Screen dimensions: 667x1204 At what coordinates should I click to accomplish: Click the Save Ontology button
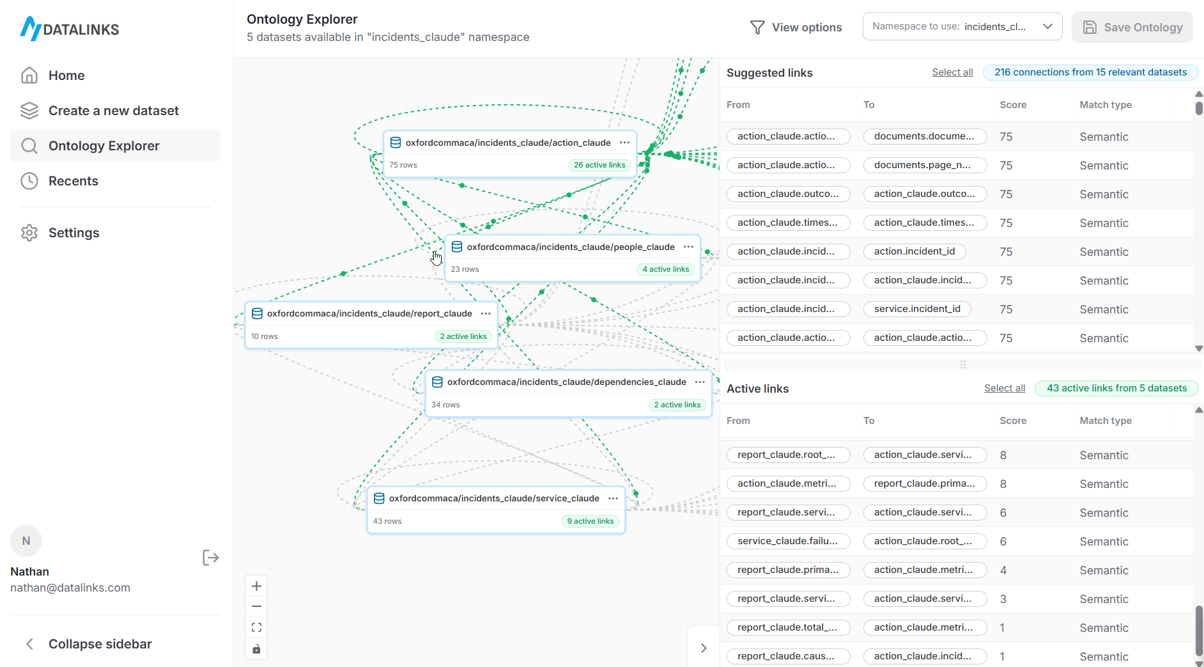coord(1132,27)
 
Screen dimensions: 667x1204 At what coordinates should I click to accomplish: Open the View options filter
coord(796,27)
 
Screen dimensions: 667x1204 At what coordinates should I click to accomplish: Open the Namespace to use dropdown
coord(962,27)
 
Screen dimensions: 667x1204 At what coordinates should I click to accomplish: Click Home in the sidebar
coord(66,75)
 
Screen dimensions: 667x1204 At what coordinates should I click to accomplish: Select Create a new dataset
coord(113,111)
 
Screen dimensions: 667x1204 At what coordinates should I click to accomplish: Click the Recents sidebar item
coord(73,181)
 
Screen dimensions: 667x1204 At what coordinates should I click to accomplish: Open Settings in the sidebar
coord(73,233)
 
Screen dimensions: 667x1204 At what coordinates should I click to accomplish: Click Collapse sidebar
coord(100,644)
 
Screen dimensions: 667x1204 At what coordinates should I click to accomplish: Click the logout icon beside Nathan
coord(210,558)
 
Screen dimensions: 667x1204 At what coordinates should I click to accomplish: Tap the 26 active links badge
coord(599,165)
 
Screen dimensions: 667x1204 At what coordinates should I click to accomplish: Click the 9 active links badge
coord(590,521)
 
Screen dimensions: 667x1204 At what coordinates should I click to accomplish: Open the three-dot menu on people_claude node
coord(688,247)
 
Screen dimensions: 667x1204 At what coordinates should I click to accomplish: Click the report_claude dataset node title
coord(369,313)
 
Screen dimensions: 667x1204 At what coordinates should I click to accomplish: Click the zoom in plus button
coord(256,586)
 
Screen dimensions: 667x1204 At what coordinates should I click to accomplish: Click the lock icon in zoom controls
coord(256,649)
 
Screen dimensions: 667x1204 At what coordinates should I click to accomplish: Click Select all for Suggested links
coord(952,72)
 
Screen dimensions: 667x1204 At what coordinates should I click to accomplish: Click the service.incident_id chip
coord(916,309)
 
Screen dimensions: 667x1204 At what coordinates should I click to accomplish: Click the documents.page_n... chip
coord(924,165)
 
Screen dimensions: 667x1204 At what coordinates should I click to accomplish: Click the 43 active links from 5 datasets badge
coord(1116,388)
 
